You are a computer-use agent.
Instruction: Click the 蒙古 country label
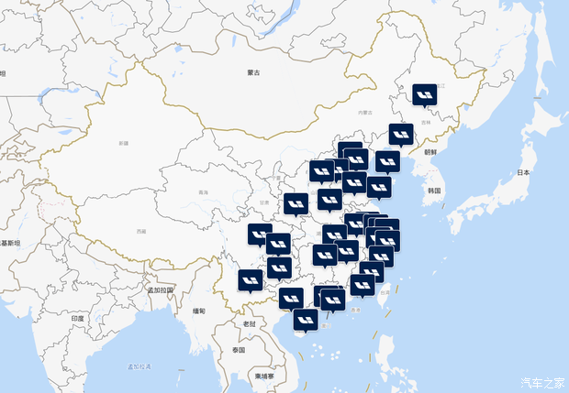tap(253, 72)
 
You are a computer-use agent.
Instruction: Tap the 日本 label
tap(524, 172)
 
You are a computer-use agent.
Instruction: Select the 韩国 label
tap(434, 191)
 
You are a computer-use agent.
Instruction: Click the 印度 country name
tap(78, 318)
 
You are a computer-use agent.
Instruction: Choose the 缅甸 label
tap(199, 311)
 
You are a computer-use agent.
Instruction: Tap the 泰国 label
tap(239, 350)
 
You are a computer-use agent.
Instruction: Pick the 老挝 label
tap(249, 323)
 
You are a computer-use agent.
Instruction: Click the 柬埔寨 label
tap(263, 376)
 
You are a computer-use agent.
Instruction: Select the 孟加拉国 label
tap(161, 289)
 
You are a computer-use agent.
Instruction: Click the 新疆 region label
tap(124, 144)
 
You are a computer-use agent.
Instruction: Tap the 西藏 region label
tap(139, 232)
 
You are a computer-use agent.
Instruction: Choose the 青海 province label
tap(203, 192)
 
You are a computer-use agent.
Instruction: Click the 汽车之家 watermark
tap(541, 382)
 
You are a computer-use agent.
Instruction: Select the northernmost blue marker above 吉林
tap(424, 94)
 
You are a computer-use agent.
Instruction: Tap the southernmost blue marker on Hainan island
tap(306, 319)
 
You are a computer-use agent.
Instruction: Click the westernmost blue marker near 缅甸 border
tap(250, 278)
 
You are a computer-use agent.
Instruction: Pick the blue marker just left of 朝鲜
tap(401, 134)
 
